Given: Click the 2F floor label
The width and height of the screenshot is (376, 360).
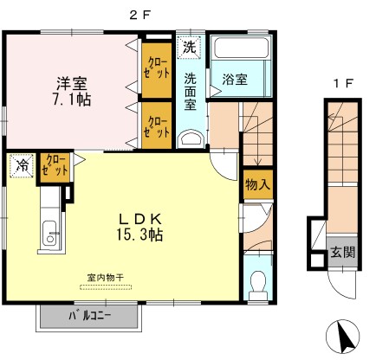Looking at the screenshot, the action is click(140, 16).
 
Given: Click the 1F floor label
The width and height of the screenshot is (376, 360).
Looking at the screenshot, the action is click(343, 84).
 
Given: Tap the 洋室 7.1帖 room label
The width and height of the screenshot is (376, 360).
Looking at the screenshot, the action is click(72, 92).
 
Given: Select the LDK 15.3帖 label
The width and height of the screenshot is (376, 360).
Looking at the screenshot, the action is click(139, 228).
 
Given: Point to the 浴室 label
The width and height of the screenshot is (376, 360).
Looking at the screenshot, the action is click(235, 80).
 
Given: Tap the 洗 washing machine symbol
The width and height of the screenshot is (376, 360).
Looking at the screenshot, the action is click(189, 47).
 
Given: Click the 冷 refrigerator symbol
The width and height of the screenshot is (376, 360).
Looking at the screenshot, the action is click(22, 165).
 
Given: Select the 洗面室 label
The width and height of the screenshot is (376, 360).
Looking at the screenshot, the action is click(191, 92).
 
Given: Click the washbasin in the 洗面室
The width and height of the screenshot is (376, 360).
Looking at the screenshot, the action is click(190, 139).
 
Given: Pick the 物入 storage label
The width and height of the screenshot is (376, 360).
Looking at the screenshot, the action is click(257, 184).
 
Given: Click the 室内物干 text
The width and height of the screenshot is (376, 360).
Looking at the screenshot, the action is click(106, 278).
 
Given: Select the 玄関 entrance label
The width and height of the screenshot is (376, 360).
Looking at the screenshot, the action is click(342, 253).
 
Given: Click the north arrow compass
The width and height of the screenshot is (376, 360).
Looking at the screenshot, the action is click(342, 337).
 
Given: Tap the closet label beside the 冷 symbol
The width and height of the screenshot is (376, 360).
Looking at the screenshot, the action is click(55, 165).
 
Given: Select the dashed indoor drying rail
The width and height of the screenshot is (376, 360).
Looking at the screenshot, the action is click(106, 287).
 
